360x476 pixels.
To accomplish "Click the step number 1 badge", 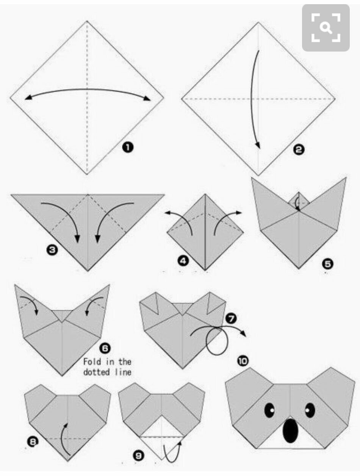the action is (128, 147).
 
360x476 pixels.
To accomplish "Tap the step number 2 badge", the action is (299, 150).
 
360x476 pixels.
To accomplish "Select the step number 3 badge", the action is (52, 250).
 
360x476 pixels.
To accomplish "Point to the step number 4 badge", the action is (183, 261).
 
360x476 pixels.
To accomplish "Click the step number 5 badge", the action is (327, 264).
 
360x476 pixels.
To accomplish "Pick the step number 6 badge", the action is (105, 349).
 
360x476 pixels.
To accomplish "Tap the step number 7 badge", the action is (231, 319).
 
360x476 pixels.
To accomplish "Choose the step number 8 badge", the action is (33, 442).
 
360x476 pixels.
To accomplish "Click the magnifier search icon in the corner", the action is (326, 28).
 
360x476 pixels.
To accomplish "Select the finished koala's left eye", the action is (269, 410).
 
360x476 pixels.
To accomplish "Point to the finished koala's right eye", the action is (310, 410).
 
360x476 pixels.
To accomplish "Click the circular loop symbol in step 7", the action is (217, 341).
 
